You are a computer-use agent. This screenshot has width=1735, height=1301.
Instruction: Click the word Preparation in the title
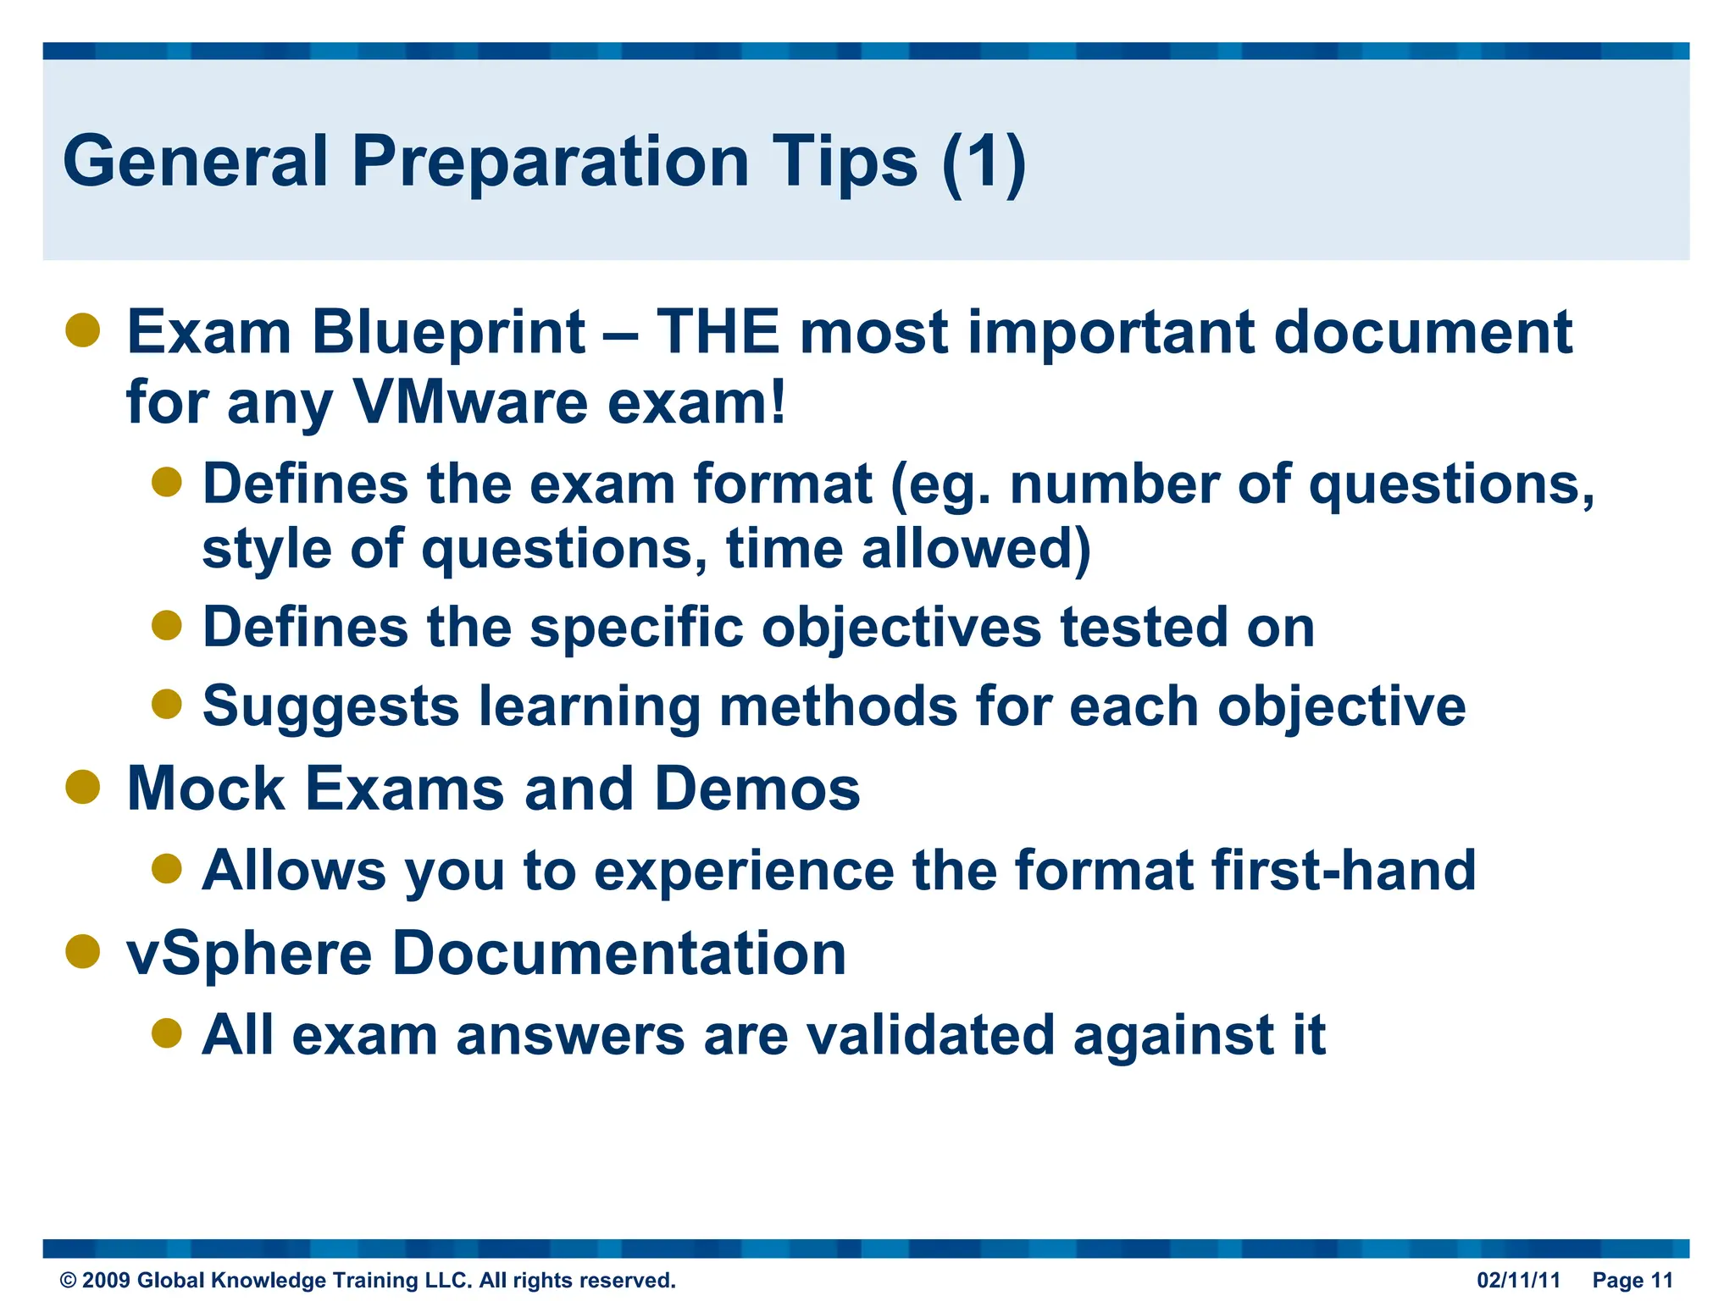click(x=550, y=161)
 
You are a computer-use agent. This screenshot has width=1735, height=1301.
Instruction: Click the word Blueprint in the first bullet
click(x=448, y=332)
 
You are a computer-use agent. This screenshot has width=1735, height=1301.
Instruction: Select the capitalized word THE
click(x=718, y=332)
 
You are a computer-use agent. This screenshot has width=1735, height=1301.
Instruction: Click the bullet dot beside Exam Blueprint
click(x=83, y=330)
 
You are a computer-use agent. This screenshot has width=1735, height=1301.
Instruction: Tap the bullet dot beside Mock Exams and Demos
click(x=83, y=787)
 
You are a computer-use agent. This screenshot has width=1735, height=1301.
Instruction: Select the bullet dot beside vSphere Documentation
click(x=83, y=951)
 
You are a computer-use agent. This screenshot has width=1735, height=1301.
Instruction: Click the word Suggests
click(x=331, y=706)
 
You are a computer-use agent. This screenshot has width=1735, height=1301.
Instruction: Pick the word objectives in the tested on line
click(x=901, y=628)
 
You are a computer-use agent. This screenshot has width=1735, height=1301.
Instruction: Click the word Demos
click(x=757, y=789)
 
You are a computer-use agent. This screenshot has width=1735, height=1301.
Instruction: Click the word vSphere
click(x=249, y=954)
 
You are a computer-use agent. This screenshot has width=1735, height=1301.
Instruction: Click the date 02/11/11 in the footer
click(x=1518, y=1280)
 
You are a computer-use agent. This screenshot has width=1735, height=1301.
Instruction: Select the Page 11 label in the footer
click(x=1632, y=1280)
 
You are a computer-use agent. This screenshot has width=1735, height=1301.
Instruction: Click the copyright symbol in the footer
click(x=68, y=1281)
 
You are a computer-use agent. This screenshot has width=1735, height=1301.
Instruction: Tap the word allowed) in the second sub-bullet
click(x=976, y=549)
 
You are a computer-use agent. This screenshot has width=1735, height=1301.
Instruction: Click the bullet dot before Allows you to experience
click(x=167, y=868)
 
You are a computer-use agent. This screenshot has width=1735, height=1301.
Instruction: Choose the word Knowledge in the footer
click(x=267, y=1280)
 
